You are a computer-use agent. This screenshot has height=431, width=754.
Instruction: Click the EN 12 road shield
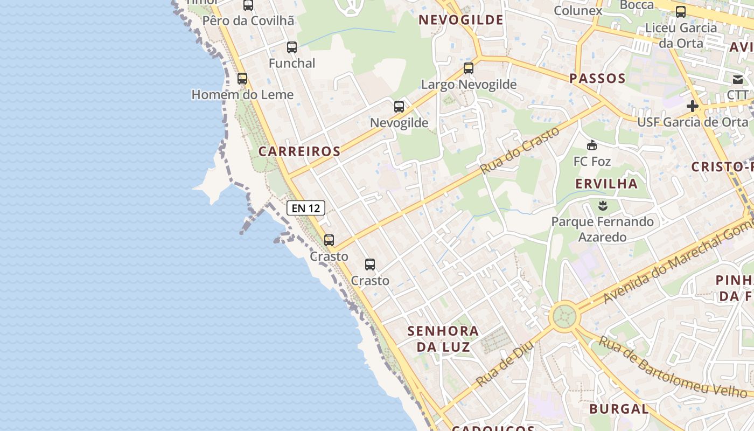point(306,207)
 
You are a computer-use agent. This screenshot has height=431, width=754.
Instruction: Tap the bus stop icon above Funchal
point(291,47)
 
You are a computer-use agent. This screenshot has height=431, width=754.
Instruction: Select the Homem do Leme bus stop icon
point(242,79)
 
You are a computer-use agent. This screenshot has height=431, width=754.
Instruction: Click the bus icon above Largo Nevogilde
point(469,68)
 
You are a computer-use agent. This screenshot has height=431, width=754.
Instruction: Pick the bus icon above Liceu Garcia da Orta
point(681,12)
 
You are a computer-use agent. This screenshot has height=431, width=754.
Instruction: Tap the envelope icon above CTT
point(737,80)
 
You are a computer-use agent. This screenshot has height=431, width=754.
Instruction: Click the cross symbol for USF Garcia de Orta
point(693,106)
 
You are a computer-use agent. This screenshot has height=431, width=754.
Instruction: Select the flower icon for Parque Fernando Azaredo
point(603,205)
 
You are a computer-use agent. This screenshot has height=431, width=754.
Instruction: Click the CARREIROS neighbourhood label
point(299,151)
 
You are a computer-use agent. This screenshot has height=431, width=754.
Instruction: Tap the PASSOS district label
point(597,79)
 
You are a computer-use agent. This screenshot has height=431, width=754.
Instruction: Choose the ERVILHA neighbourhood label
point(606,184)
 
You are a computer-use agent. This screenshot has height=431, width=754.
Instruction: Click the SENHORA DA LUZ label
point(443,338)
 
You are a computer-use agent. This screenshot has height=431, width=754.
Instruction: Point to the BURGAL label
point(619,409)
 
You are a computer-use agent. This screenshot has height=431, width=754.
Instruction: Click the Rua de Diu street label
point(505,364)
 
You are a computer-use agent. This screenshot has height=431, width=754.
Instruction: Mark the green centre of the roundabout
point(564,316)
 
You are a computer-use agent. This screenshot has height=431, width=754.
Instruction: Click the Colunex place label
point(578,10)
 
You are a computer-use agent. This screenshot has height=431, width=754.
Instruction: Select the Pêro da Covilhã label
point(248,21)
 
